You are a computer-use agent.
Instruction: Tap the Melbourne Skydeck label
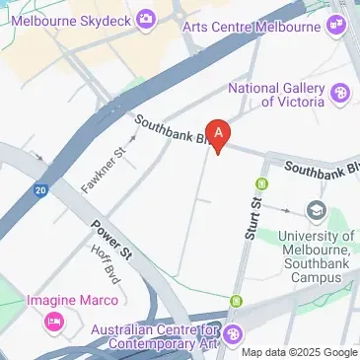(72, 18)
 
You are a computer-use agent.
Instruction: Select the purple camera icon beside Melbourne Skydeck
(147, 18)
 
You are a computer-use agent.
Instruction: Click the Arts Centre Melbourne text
(254, 26)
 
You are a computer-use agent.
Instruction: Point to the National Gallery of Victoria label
(276, 95)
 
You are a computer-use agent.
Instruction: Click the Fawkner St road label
(107, 168)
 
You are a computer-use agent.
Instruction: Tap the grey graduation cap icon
(316, 210)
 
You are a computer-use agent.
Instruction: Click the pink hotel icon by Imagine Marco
(53, 322)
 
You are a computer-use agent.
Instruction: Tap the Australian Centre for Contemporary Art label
(153, 336)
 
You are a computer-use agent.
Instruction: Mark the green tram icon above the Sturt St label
(262, 183)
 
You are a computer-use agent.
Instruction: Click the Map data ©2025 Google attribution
(300, 353)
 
